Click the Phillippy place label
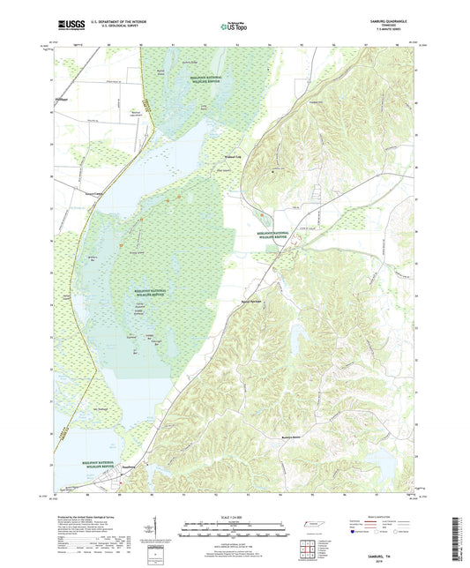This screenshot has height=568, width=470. pyautogui.click(x=61, y=99)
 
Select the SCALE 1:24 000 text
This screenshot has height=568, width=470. pyautogui.click(x=235, y=517)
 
